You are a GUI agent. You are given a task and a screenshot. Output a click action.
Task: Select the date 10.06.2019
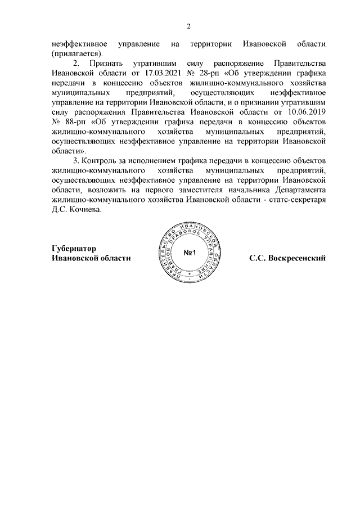pos(307,112)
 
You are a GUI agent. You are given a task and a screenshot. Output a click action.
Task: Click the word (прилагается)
pos(77,53)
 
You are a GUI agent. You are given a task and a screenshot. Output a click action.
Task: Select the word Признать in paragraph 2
pos(106,63)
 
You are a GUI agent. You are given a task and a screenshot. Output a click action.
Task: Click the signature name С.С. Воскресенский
pos(288,258)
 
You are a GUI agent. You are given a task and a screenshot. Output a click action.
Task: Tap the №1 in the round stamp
pos(188,253)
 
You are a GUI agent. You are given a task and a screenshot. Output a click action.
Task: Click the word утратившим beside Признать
pos(151,63)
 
